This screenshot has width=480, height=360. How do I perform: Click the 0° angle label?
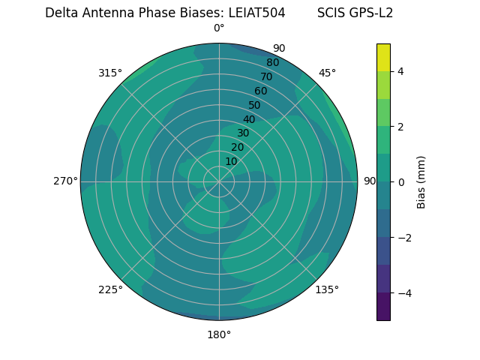219,28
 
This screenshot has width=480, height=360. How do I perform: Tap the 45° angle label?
327,73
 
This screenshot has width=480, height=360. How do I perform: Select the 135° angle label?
327,289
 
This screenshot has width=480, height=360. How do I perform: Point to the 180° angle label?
219,334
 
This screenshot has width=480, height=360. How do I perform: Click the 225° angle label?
110,289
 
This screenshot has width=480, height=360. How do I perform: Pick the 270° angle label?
65,181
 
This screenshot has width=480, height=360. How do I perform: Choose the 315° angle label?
110,73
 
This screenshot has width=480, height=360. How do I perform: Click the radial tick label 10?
231,161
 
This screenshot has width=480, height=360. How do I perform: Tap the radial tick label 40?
249,120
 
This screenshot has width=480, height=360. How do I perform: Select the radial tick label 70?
266,77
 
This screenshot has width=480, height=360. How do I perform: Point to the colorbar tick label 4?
400,71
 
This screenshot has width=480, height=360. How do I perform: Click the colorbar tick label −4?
402,292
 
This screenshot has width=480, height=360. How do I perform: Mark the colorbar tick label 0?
400,182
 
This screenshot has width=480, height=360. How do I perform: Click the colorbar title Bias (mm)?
421,182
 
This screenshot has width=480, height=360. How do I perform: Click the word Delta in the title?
61,13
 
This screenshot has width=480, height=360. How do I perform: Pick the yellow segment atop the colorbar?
383,57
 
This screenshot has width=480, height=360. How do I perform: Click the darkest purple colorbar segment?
383,306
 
